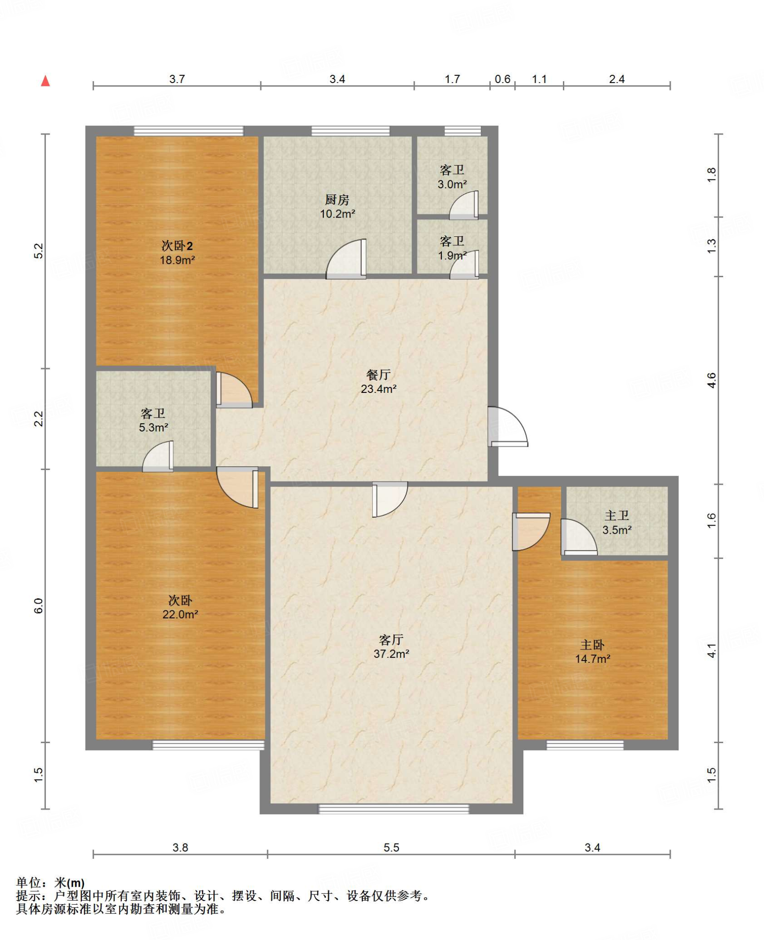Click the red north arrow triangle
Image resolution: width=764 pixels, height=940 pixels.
tap(45, 81)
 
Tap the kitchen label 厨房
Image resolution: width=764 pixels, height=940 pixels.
tap(337, 200)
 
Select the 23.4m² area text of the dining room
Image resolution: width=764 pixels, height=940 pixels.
tap(378, 389)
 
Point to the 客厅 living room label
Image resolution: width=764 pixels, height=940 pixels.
tap(391, 639)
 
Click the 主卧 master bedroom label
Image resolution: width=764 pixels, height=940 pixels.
tap(592, 645)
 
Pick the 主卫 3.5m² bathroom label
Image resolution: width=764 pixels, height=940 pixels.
tap(617, 523)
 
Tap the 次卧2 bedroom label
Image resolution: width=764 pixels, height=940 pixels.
tap(177, 246)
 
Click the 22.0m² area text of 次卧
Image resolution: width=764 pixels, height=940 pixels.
tap(180, 614)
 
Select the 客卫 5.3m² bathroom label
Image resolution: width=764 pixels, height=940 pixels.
tap(153, 420)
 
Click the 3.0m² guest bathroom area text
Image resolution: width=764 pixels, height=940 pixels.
tap(452, 185)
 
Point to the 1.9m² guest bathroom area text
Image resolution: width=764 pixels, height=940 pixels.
tap(452, 255)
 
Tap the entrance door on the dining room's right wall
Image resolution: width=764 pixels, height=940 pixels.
tap(508, 426)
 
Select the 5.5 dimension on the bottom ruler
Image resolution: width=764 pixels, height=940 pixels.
tap(391, 847)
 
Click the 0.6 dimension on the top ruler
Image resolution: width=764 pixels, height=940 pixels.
tap(502, 79)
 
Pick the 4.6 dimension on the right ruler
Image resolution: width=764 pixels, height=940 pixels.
tap(711, 380)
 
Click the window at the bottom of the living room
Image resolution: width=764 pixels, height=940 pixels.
tap(393, 808)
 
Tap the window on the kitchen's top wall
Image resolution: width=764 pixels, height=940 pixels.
tap(350, 131)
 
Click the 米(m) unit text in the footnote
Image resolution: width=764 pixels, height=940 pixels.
tap(70, 882)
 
